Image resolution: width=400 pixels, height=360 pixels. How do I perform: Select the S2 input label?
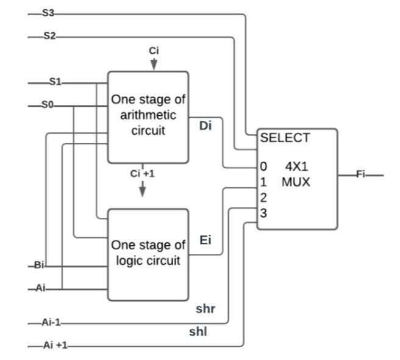(49, 37)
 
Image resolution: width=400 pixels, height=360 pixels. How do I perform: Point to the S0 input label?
(48, 106)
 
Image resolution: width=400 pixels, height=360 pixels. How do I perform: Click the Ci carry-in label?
(154, 51)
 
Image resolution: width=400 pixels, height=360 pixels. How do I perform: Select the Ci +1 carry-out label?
(143, 173)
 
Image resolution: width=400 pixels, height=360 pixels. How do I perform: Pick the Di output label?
(205, 126)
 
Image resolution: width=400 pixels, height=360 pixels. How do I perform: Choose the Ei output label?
(205, 240)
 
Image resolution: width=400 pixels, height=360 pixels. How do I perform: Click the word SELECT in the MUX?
(285, 139)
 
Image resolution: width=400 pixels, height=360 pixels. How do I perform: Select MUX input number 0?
(263, 167)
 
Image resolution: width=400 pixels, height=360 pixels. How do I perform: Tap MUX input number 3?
(263, 213)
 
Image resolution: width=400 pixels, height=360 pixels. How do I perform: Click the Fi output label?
(361, 175)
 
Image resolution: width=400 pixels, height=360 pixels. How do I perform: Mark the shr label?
(205, 308)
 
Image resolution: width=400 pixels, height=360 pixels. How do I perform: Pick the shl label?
(198, 332)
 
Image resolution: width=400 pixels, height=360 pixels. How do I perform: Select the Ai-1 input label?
(52, 323)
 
